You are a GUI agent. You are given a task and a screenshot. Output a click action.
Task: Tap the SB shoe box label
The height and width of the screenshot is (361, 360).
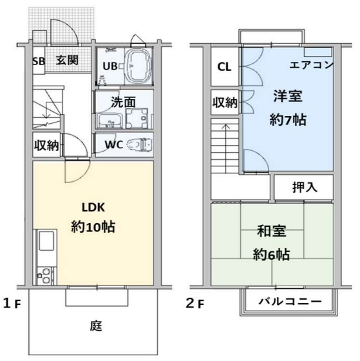pos(39,61)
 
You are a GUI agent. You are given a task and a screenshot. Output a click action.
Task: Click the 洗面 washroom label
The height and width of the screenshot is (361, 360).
pos(123,101)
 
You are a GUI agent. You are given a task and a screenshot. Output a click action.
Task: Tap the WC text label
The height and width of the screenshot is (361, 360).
pos(114,144)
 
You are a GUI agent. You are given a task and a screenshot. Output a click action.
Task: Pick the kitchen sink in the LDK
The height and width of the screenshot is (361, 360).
pos(46,245)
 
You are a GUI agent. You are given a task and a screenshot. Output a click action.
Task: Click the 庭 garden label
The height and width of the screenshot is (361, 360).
pos(95,326)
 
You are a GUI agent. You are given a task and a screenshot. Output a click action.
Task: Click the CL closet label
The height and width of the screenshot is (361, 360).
pos(224,66)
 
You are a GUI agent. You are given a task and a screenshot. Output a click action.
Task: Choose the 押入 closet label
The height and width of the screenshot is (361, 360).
pos(304,188)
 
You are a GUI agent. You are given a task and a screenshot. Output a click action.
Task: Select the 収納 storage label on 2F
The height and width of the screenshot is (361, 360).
pos(225,102)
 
